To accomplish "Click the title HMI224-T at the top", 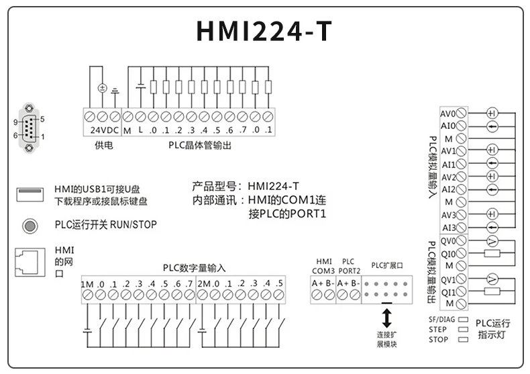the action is pos(264,31).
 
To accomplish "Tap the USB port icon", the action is pos(30,194).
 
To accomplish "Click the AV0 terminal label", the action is pos(447,113).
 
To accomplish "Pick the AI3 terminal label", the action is pos(448,228).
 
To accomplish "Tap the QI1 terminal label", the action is pos(448,292).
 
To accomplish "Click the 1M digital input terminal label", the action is pos(87,284).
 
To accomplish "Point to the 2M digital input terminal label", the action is pos(204,284).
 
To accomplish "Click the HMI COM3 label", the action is pos(324,266).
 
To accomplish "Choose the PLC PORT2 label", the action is pos(348,266).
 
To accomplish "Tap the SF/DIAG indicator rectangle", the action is pos(463,320).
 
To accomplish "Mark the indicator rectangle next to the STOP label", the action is pos(463,339).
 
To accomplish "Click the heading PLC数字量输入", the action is pos(195,267).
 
